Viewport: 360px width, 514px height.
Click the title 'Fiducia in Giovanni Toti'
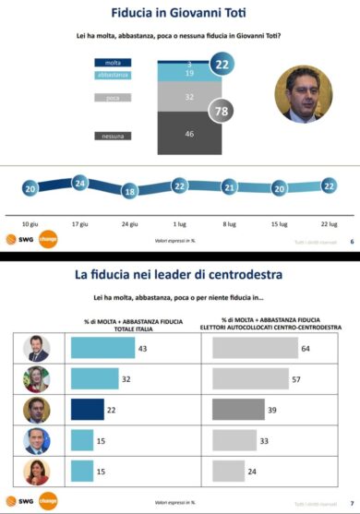pyautogui.click(x=179, y=14)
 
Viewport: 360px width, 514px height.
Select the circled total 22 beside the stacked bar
pyautogui.click(x=222, y=65)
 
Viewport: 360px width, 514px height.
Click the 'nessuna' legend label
pyautogui.click(x=111, y=136)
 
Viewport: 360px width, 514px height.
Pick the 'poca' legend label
pyautogui.click(x=111, y=96)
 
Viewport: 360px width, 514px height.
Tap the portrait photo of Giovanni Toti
pyautogui.click(x=304, y=95)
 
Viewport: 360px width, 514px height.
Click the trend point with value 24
pyautogui.click(x=79, y=183)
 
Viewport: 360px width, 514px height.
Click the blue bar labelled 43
pyautogui.click(x=102, y=348)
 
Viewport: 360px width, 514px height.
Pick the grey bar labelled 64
pyautogui.click(x=254, y=348)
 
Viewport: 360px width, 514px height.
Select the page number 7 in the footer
pyautogui.click(x=352, y=505)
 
